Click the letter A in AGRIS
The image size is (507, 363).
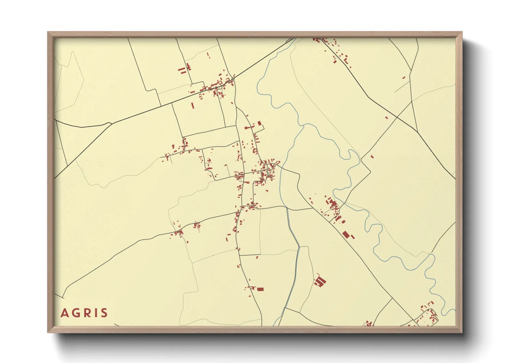[64, 313]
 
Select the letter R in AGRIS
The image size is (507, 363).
[86, 313]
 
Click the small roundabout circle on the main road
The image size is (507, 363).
[233, 79]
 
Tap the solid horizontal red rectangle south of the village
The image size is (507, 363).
[260, 289]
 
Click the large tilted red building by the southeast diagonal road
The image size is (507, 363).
[346, 235]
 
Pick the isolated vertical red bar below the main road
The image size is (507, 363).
[192, 105]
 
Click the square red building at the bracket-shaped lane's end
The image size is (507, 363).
[259, 123]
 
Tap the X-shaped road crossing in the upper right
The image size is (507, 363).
[397, 117]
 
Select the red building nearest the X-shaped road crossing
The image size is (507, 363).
[387, 118]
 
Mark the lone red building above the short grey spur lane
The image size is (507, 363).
[404, 78]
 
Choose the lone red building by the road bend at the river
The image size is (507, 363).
[372, 156]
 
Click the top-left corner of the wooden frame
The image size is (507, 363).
[48, 32]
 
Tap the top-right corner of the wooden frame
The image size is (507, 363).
[462, 32]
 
